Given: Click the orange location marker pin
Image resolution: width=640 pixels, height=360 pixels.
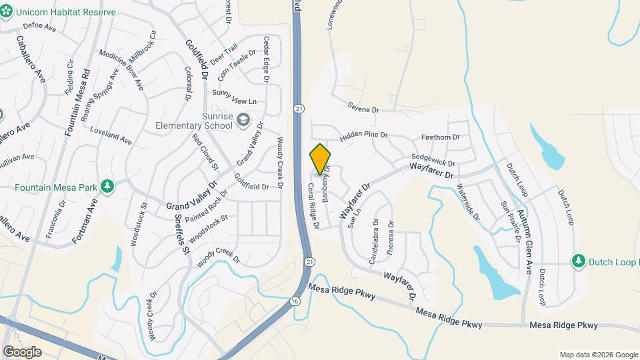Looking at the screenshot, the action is pos(320,159).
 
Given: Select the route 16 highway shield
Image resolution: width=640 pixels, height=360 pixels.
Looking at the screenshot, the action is pos(294,301).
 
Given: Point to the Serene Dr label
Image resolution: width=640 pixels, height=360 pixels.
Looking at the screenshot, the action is pos(363,107).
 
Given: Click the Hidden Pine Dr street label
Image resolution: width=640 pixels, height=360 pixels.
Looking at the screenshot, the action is pos(363,136).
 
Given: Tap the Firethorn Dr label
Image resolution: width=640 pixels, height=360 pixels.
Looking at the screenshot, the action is pos(441,137).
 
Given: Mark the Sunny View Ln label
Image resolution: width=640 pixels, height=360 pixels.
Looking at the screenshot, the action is pos(234,101).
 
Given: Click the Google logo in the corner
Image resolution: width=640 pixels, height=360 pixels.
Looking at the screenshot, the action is pos(22,351).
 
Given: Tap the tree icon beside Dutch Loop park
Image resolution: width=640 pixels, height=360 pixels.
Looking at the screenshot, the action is pos(579,261).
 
